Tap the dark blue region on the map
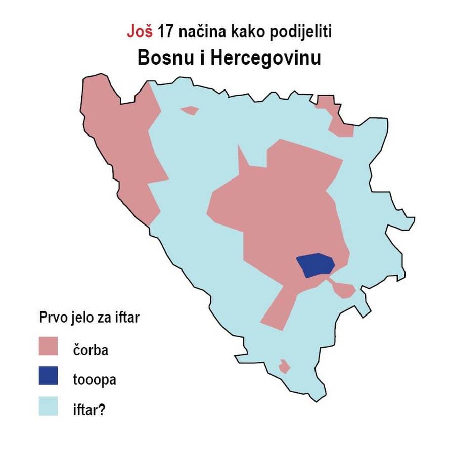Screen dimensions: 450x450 pos(315,264)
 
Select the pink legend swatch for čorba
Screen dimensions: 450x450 pos(49,348)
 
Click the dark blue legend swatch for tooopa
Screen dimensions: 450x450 pos(49,377)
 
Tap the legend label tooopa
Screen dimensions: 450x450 pos(95,379)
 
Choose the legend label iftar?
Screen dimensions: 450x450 pos(88,408)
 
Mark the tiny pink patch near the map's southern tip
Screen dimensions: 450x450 pos(284,366)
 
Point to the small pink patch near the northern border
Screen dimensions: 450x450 pos(190,110)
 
